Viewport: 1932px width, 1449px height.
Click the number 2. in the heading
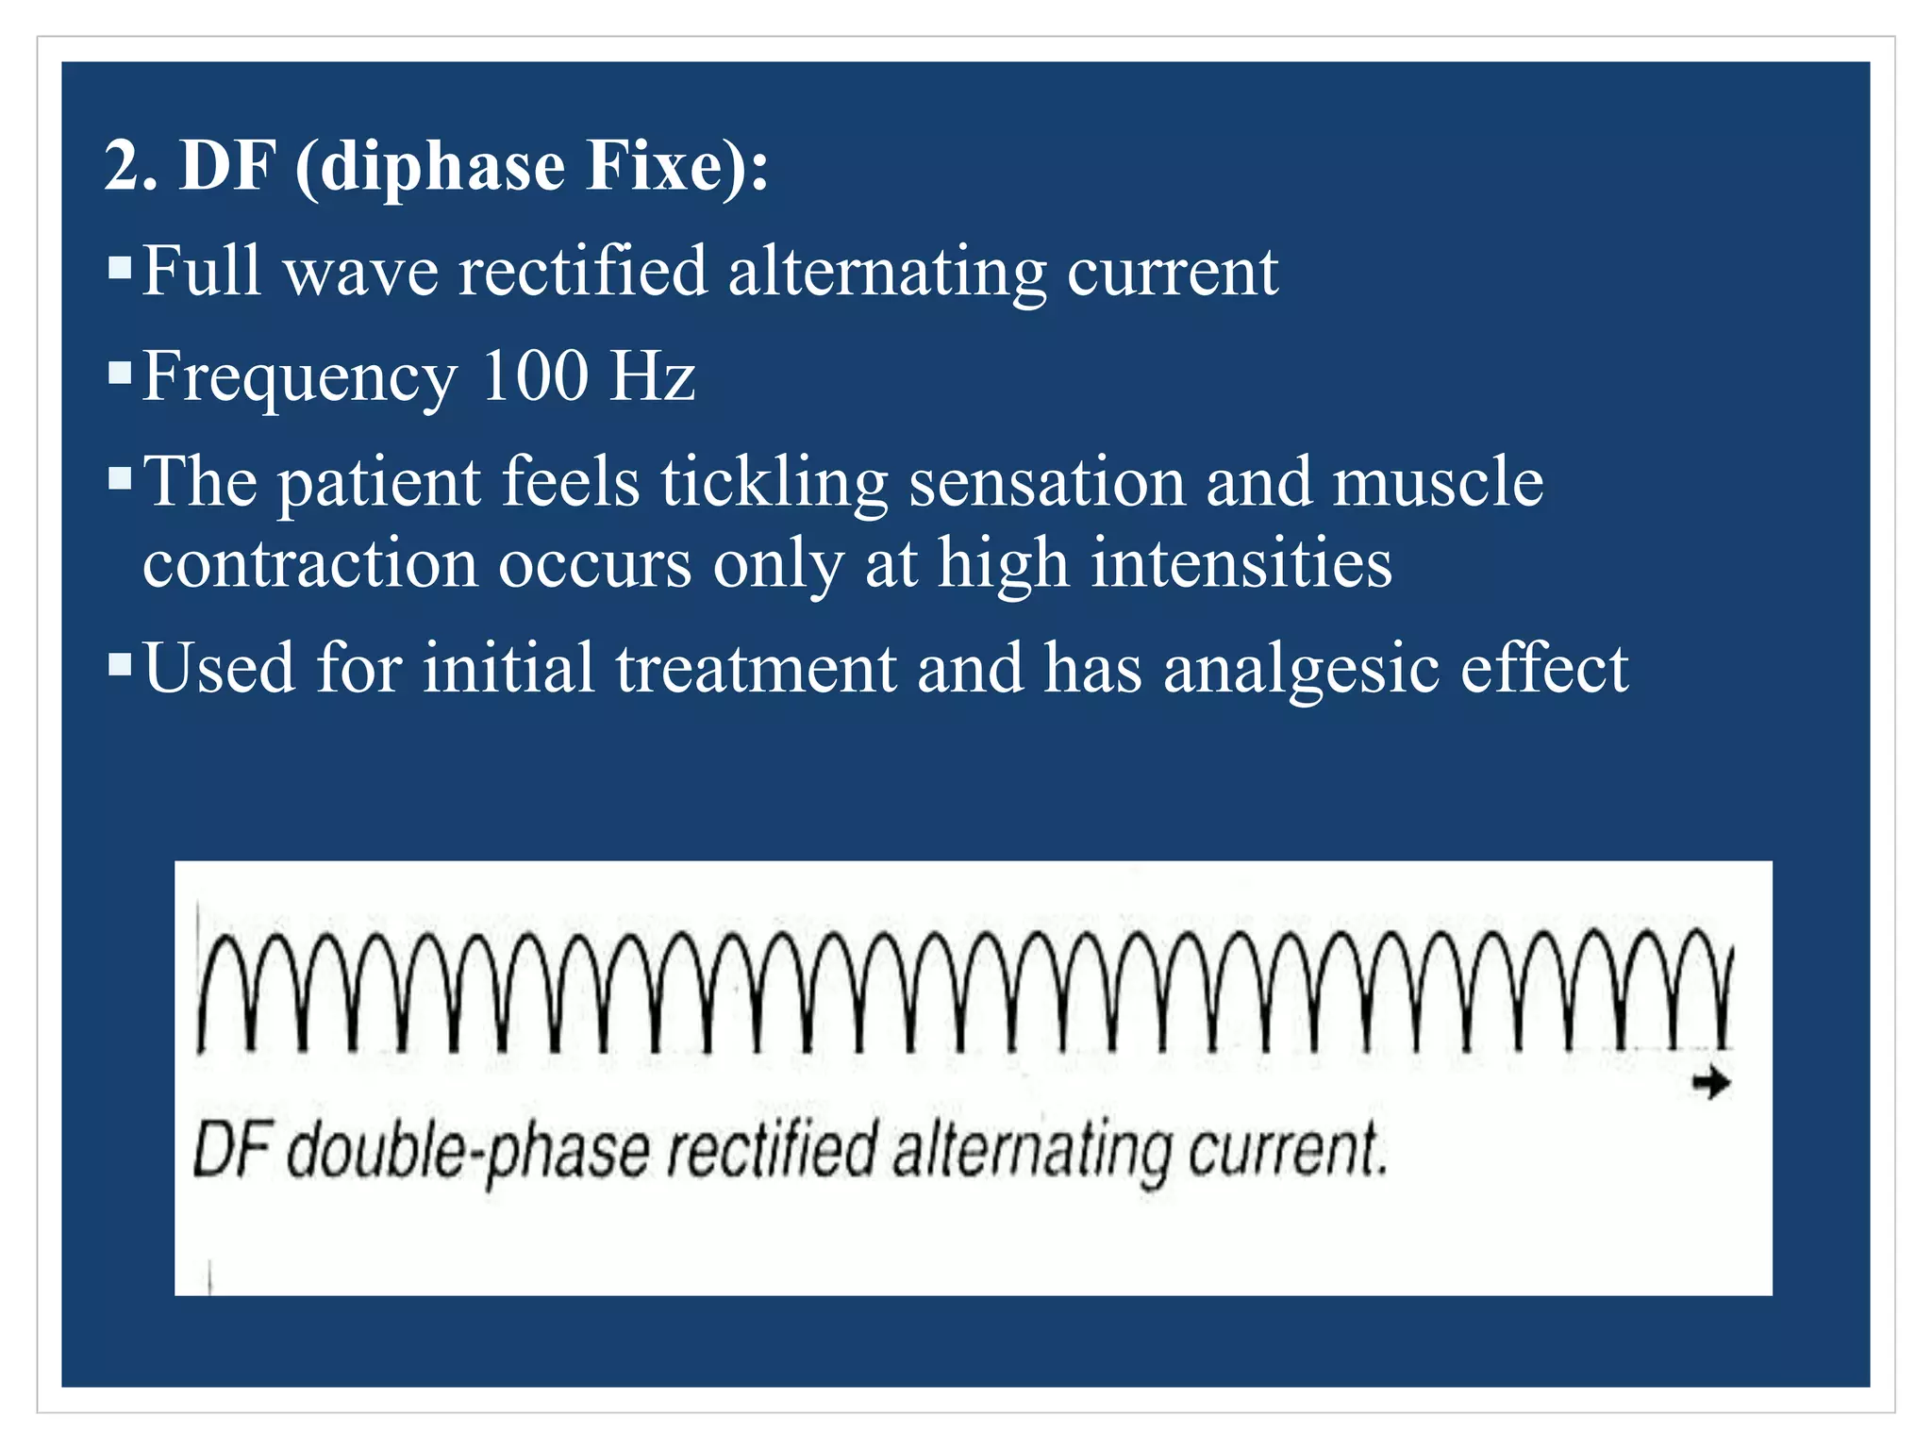tap(131, 166)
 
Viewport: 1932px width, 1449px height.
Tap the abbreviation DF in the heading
tap(227, 166)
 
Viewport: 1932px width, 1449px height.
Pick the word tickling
tap(774, 483)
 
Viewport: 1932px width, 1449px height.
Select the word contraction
tap(310, 564)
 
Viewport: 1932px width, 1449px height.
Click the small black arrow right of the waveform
tap(1711, 1084)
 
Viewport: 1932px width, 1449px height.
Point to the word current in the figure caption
tap(1287, 1151)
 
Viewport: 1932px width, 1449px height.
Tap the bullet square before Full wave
tap(120, 268)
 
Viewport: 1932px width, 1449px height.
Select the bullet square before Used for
tap(120, 665)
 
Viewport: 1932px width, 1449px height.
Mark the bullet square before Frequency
tap(120, 374)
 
